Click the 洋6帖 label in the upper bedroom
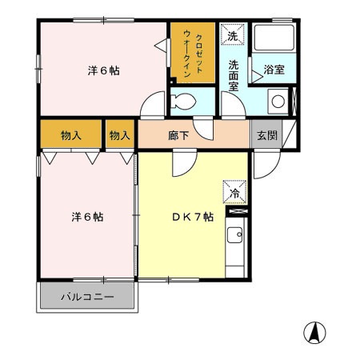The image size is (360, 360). coord(104,70)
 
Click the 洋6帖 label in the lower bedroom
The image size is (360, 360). coord(88,217)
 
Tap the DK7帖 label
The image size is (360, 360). coord(193,217)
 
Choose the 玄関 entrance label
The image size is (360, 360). coord(267,135)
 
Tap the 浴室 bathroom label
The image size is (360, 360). coord(274,70)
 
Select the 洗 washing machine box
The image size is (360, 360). coord(233,36)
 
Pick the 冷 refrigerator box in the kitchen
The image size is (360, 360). coord(235,193)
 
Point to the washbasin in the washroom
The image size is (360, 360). coord(277,102)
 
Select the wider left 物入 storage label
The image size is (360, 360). coord(71,135)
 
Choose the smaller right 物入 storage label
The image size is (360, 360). coord(119,135)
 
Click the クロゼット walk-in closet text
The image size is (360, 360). coord(192,53)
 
